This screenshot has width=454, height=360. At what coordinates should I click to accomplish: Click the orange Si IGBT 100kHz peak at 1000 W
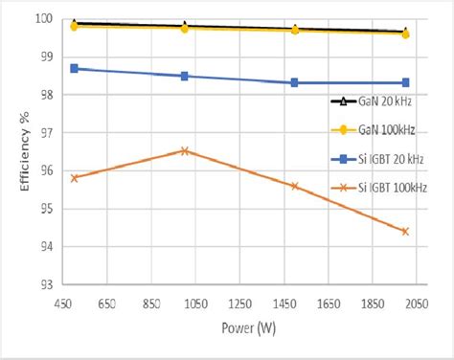pos(185,150)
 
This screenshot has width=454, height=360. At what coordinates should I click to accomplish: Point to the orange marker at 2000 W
pos(404,231)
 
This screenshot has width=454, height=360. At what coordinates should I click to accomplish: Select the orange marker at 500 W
pos(75,178)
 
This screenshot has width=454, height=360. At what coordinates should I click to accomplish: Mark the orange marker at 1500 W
pos(295,186)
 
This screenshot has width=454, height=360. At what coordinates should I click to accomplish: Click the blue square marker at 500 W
pos(75,69)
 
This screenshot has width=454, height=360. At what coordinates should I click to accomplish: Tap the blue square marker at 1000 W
pos(185,76)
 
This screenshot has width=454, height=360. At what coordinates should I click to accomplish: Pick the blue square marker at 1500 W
pos(295,82)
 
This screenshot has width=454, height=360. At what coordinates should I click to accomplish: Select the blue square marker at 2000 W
pos(405,82)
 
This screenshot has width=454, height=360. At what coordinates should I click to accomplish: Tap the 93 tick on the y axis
pos(44,284)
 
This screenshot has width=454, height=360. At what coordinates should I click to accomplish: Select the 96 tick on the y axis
pos(44,170)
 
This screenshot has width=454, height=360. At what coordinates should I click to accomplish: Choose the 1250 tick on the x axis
pos(239,303)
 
